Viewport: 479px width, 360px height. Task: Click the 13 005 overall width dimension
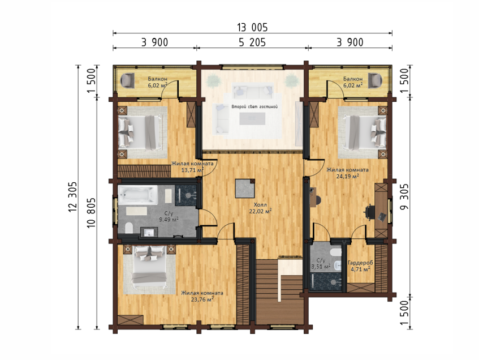click(x=252, y=28)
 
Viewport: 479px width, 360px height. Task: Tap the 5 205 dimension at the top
click(x=252, y=42)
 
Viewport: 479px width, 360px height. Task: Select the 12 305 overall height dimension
click(x=73, y=197)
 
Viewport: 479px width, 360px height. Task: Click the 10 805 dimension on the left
click(x=91, y=213)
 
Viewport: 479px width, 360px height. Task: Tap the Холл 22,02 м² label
click(x=260, y=208)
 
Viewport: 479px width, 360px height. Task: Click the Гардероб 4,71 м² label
click(x=360, y=266)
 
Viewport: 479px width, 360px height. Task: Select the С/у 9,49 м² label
click(x=169, y=216)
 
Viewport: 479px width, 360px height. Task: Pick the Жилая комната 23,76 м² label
click(x=202, y=296)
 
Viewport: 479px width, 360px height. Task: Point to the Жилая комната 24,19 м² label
click(x=347, y=173)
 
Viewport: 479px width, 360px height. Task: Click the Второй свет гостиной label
click(x=254, y=107)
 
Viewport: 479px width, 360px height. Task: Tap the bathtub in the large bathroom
click(x=138, y=195)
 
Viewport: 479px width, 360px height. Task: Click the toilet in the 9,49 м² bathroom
click(x=129, y=228)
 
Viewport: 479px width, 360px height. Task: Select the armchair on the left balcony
click(x=128, y=81)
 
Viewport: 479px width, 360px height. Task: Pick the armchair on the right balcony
click(x=375, y=81)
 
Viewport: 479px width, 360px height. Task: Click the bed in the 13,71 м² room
click(x=140, y=132)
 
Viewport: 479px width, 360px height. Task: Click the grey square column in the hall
click(x=245, y=188)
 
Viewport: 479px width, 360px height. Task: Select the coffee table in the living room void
click(x=252, y=119)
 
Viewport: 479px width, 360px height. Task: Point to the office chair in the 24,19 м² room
click(x=370, y=212)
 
